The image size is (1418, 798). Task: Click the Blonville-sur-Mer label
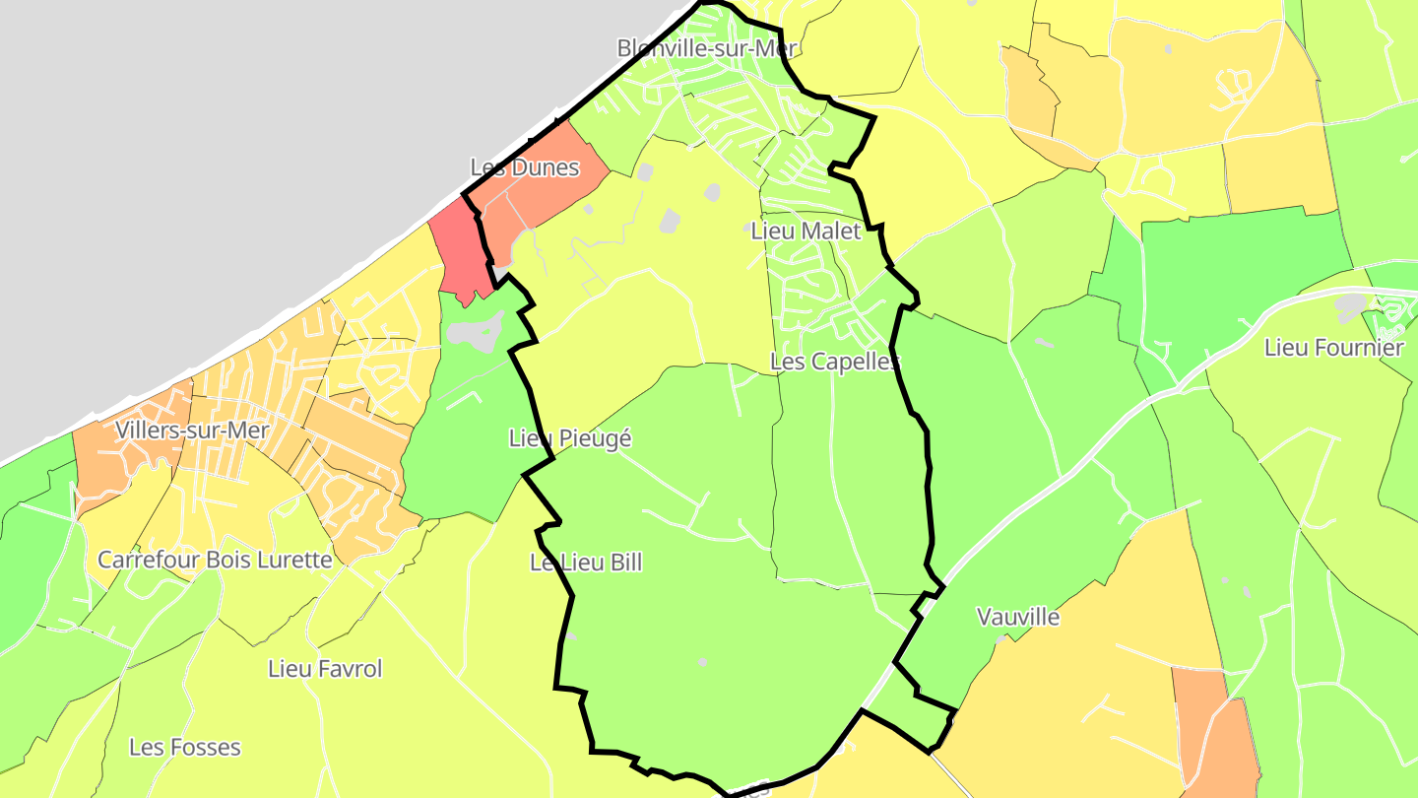[x=706, y=47]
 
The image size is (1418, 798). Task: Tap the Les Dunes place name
[x=525, y=167]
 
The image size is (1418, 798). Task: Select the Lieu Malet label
[x=806, y=232]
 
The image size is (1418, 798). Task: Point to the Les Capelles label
[x=835, y=362]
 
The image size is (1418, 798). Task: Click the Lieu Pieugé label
[x=570, y=438]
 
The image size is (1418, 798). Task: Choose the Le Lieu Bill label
[x=586, y=563]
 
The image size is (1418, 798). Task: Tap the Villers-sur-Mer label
[x=192, y=430]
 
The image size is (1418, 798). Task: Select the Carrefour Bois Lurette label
[x=215, y=560]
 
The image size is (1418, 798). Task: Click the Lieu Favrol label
[x=325, y=669]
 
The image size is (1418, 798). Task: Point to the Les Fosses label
[x=185, y=747]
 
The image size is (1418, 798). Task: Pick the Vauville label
[x=1018, y=617]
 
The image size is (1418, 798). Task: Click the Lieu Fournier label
[x=1333, y=348]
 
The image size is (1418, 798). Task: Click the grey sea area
[x=197, y=148]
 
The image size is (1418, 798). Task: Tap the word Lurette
[x=292, y=560]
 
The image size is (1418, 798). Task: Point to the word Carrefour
[x=148, y=560]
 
